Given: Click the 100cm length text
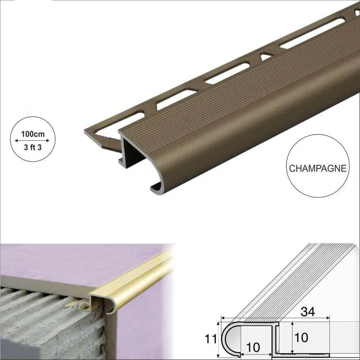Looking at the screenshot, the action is pos(33,134).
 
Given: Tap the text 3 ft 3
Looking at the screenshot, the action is pos(33,147).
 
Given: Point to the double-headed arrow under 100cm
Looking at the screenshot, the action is pos(32,140).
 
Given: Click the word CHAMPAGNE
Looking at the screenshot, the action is pos(318,169).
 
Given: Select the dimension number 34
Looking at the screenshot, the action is pos(308,311).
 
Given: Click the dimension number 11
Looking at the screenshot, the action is pos(211,339).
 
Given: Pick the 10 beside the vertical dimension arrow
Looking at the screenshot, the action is pos(301,338).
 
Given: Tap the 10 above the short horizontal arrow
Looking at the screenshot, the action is pos(253,347).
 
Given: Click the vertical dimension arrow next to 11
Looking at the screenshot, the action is pos(218,340).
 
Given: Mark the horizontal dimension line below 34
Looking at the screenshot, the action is pos(275,318).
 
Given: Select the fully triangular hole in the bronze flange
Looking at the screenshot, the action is pos(267,56).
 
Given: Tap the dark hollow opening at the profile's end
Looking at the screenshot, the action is pos(133,149).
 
